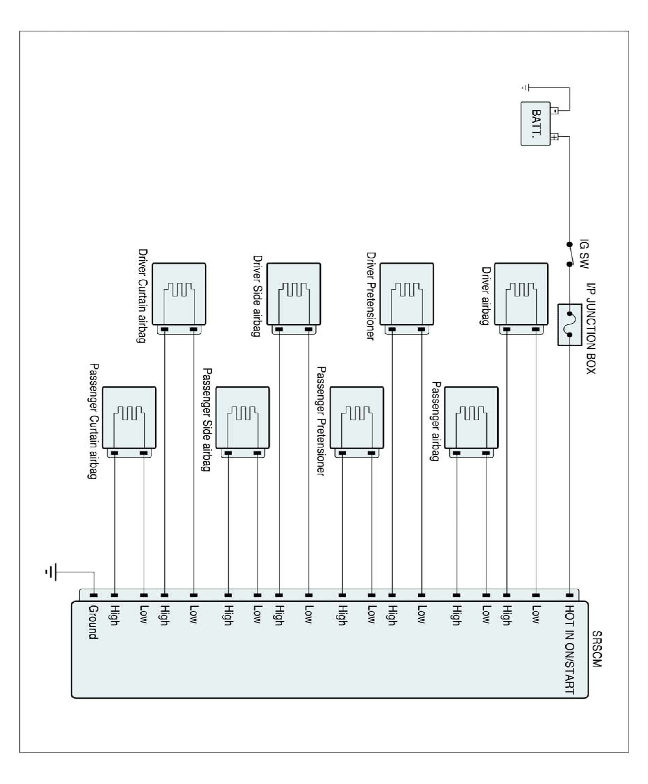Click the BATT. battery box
(x=535, y=123)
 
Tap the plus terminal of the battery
(x=555, y=137)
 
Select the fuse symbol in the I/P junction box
(x=570, y=324)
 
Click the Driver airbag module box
(x=521, y=294)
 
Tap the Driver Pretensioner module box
(x=407, y=294)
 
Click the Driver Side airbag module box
(x=294, y=294)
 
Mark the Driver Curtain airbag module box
(x=179, y=294)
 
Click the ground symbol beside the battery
(x=526, y=88)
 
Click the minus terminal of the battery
(x=555, y=111)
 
